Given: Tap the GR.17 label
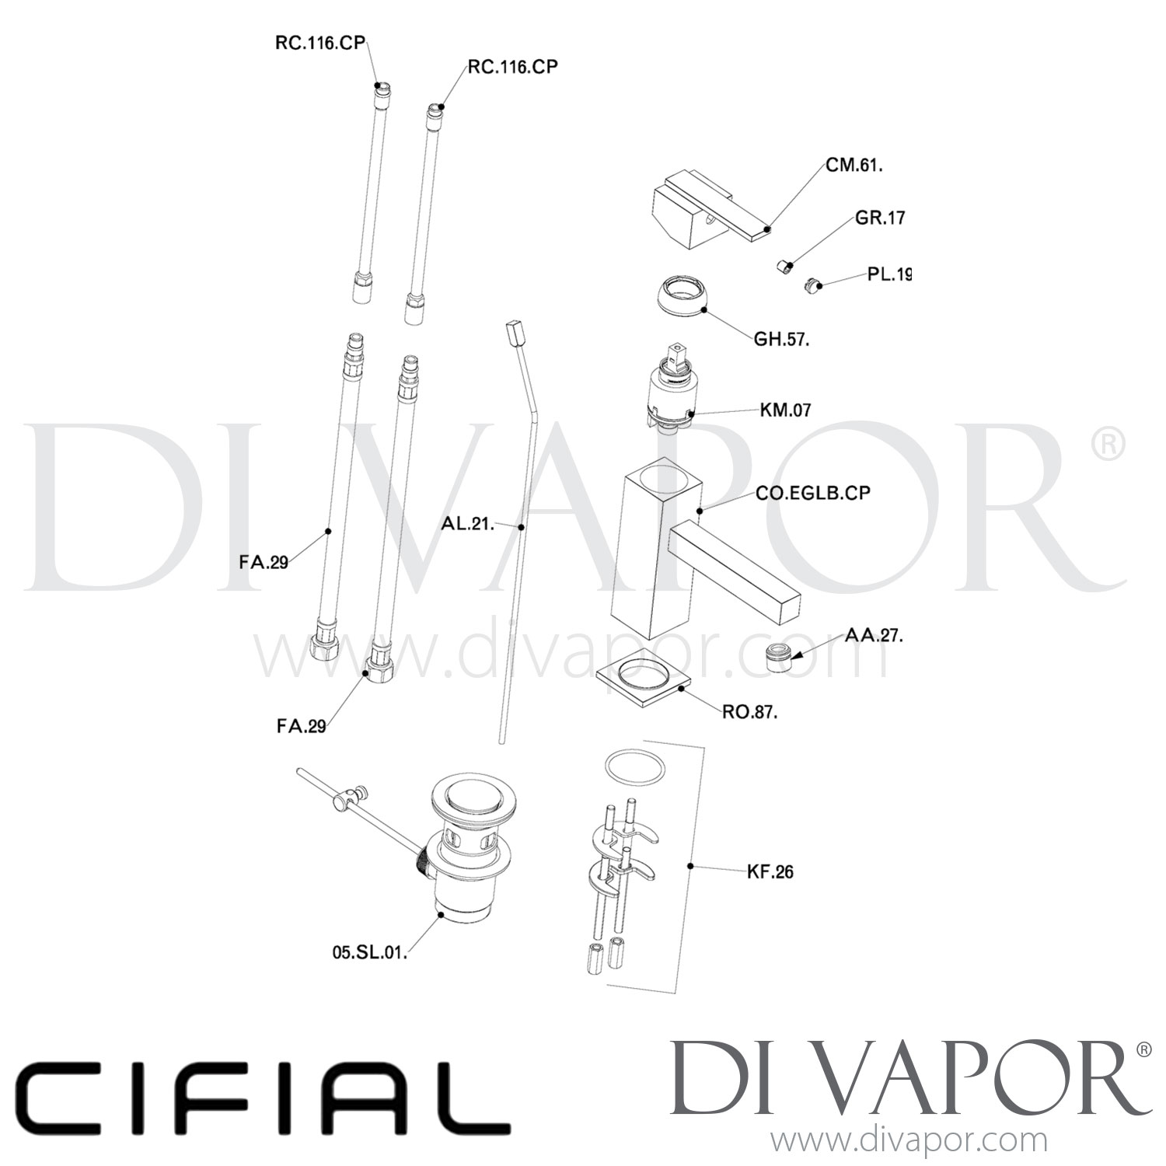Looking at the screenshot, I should click(880, 218).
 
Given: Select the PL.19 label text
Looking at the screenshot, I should click(888, 275).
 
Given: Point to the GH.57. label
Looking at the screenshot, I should click(781, 340).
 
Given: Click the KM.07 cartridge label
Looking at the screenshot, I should click(785, 410).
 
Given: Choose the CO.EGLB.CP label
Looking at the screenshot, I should click(812, 493).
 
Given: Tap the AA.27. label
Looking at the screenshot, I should click(874, 635).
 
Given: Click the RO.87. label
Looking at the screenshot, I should click(749, 711).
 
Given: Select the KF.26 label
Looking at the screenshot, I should click(770, 872).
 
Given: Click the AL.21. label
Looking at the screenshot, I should click(468, 524).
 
